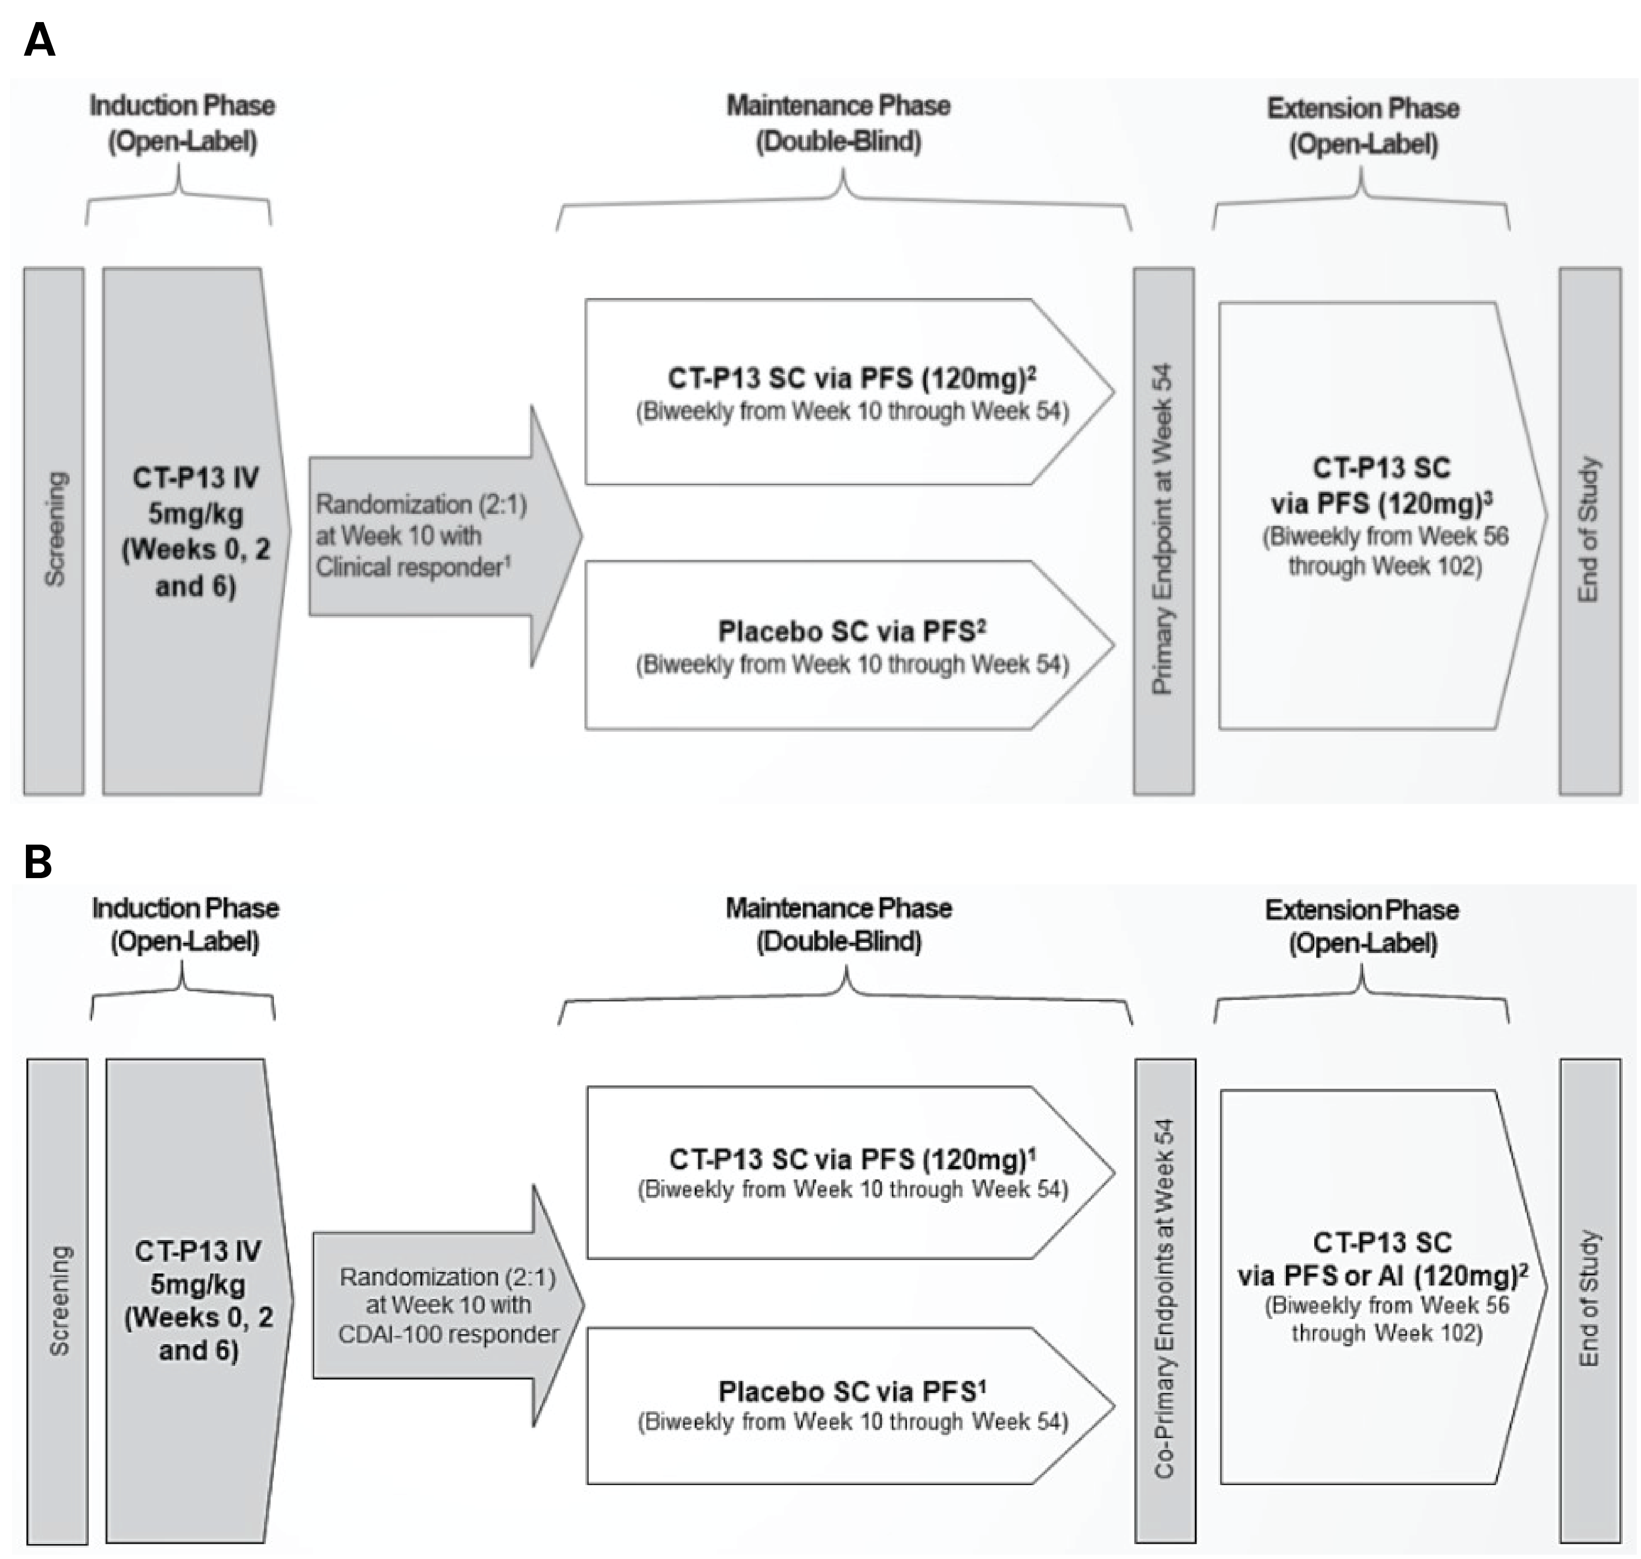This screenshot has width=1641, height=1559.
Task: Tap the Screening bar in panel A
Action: tap(54, 530)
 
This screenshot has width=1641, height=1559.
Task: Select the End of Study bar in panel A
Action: tap(1589, 530)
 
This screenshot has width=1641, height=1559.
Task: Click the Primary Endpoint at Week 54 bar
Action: tap(1163, 530)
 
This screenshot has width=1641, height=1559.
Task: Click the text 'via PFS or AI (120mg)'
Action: tap(1381, 1275)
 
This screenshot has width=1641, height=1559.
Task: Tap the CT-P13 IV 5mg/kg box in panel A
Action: tap(195, 530)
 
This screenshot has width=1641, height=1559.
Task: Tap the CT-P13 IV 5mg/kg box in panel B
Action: tap(198, 1300)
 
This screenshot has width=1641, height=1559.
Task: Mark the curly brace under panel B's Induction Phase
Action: tap(182, 993)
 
